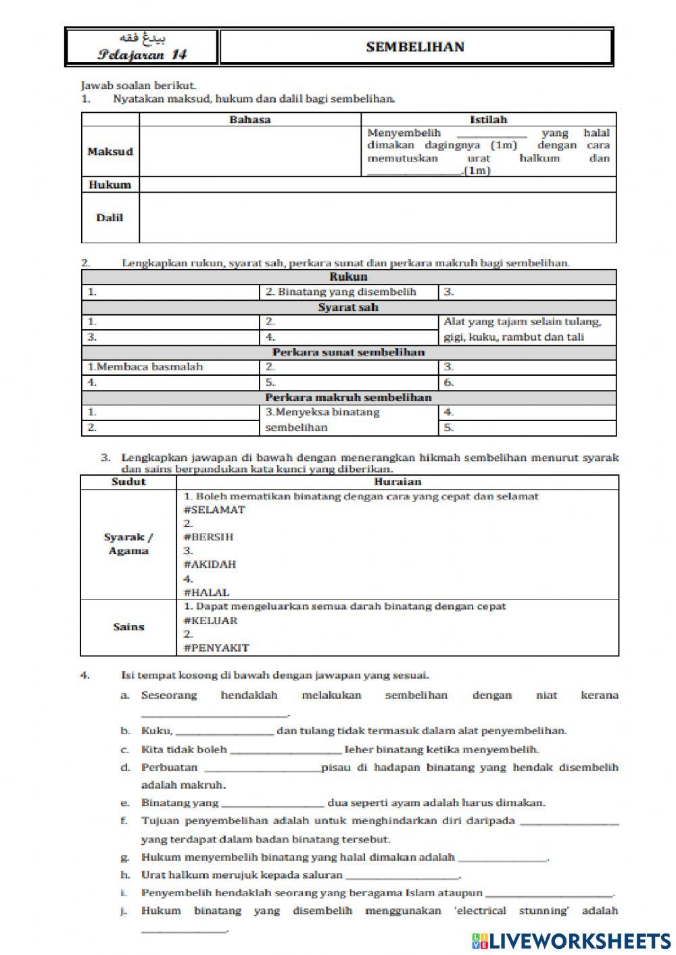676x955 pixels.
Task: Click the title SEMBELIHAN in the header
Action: pos(415,47)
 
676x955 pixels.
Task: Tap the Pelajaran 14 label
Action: pos(142,55)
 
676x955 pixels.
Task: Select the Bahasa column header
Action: pos(249,120)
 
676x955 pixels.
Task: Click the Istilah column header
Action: pos(488,120)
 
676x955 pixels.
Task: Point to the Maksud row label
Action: pos(110,151)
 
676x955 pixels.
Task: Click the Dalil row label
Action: pos(110,218)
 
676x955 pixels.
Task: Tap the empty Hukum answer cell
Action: pos(377,185)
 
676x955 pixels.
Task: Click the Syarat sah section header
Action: pos(348,307)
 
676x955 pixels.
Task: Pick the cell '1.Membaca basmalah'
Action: pos(145,367)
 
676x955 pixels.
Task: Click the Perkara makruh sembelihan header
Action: pos(348,397)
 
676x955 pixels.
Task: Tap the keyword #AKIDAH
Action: pos(210,564)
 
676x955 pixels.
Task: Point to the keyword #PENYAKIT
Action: pos(216,647)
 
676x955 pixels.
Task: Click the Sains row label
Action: pos(128,627)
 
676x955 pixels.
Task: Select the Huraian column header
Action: pos(397,482)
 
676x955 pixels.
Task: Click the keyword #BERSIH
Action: pos(208,537)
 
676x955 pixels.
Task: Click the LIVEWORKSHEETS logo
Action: pos(571,940)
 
